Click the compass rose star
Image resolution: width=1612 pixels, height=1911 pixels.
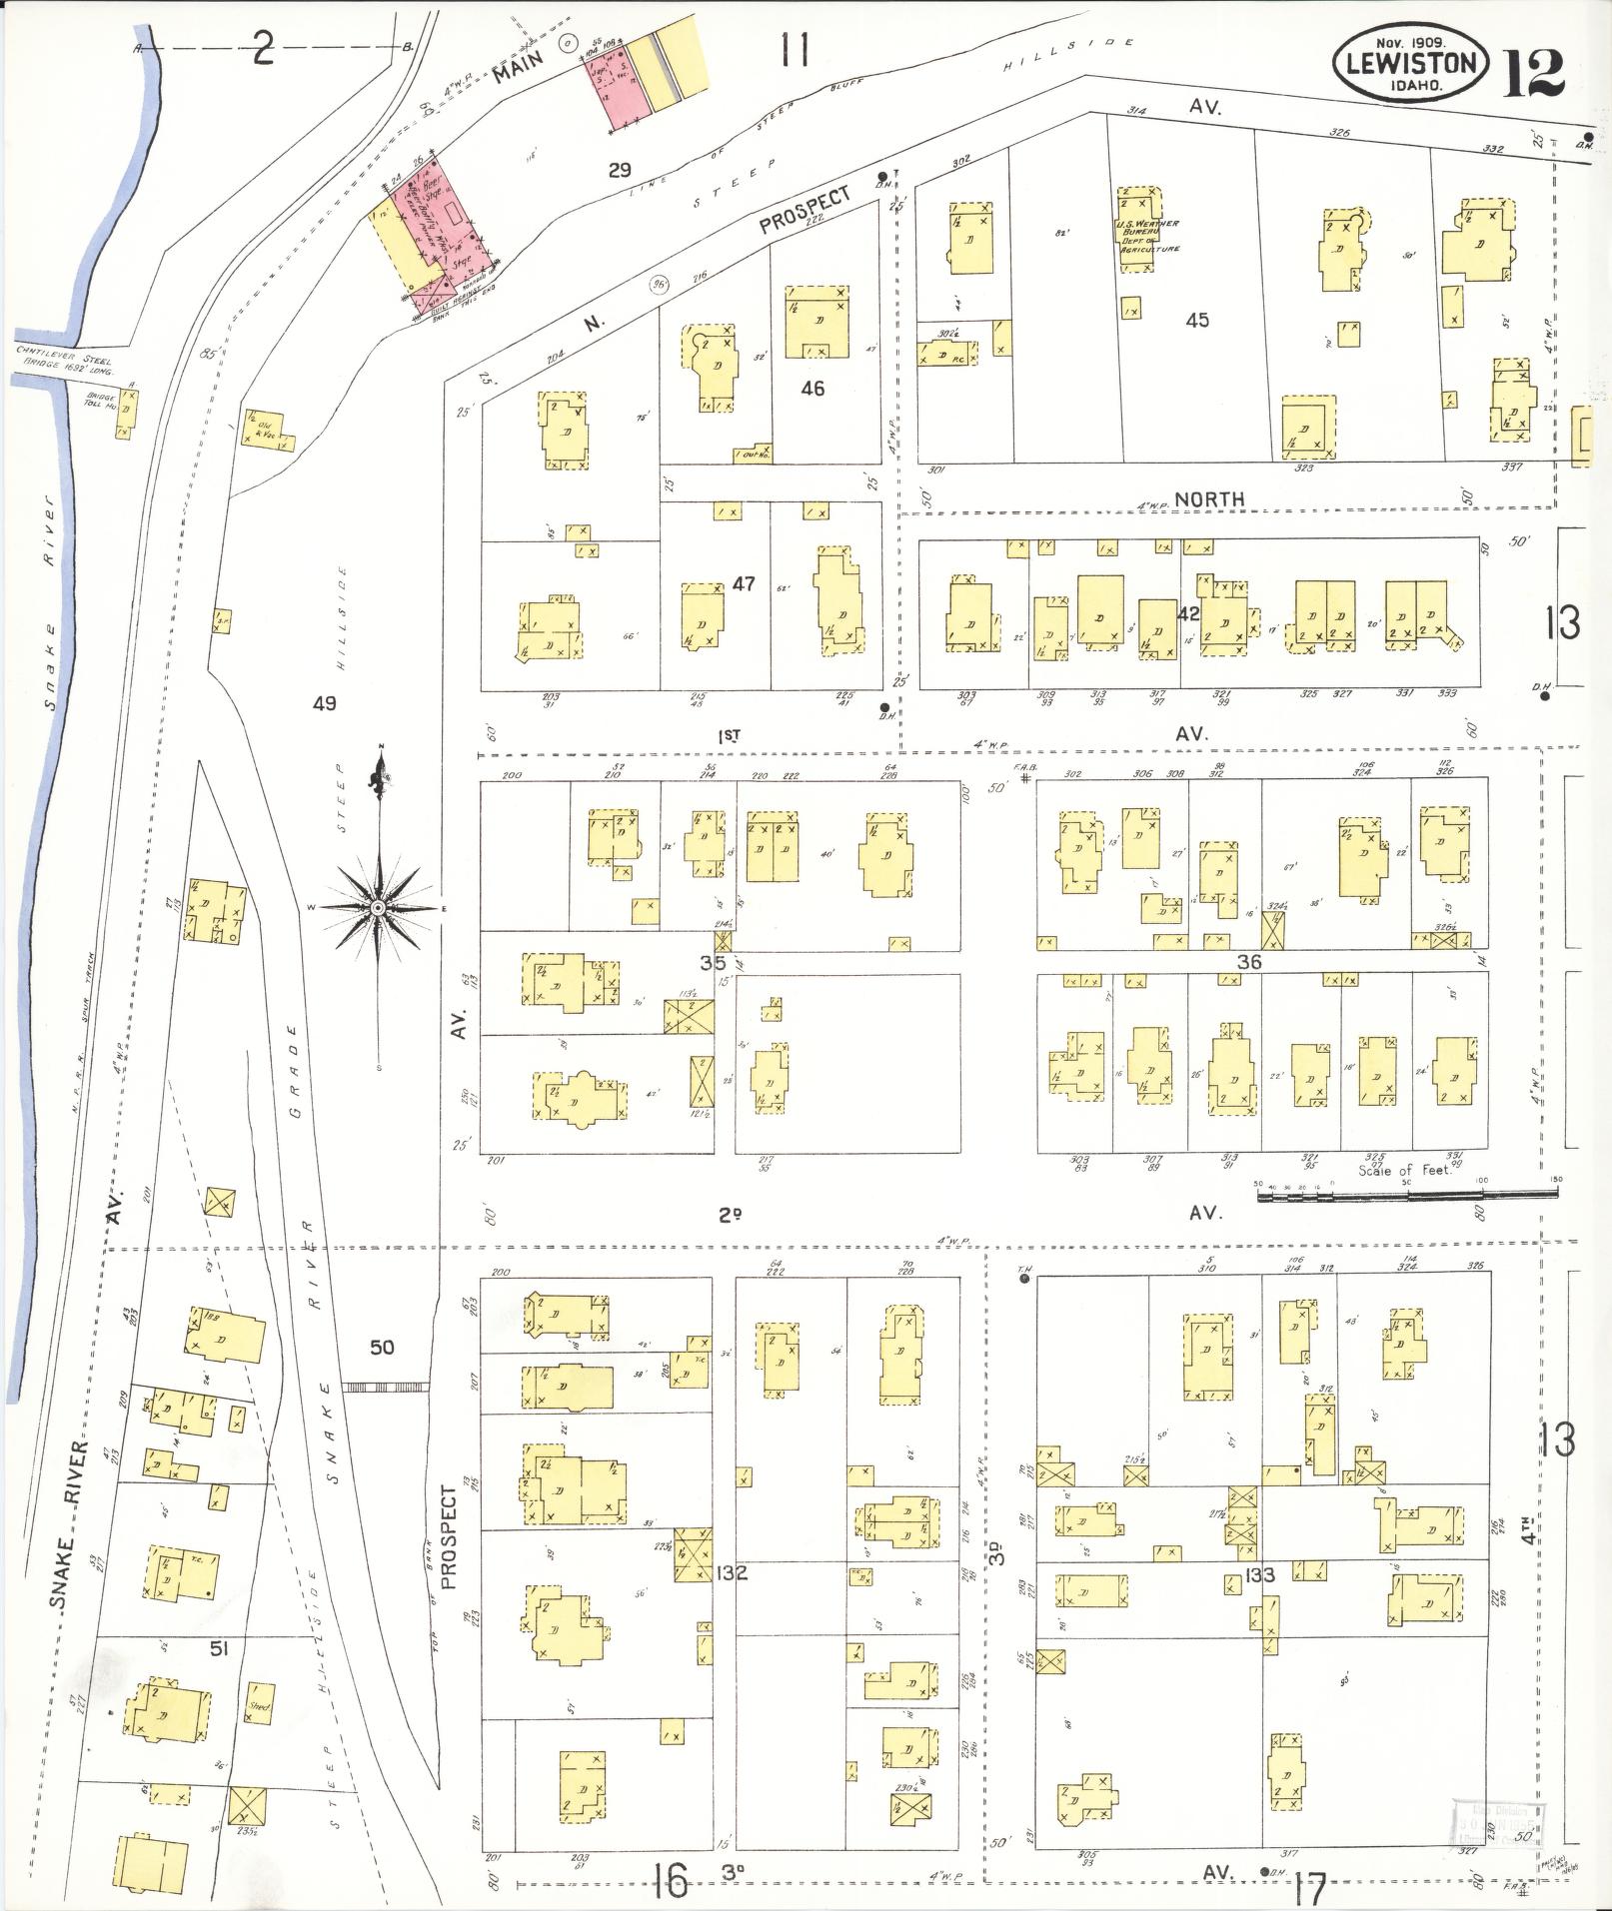pos(379,906)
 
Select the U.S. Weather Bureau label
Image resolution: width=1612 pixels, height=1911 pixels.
pos(1148,236)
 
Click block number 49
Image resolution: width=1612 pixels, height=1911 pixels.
pos(324,703)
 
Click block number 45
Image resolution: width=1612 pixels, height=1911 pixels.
pos(1197,320)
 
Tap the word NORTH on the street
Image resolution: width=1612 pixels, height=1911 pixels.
pos(1209,498)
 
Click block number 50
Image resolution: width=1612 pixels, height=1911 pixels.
pos(382,1347)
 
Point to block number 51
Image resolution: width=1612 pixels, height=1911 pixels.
pos(219,1648)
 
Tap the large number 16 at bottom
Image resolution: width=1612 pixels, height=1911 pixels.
pos(673,1883)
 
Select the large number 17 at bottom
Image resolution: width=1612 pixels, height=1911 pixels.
pos(1308,1888)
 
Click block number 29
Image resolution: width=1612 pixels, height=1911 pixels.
pos(620,170)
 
